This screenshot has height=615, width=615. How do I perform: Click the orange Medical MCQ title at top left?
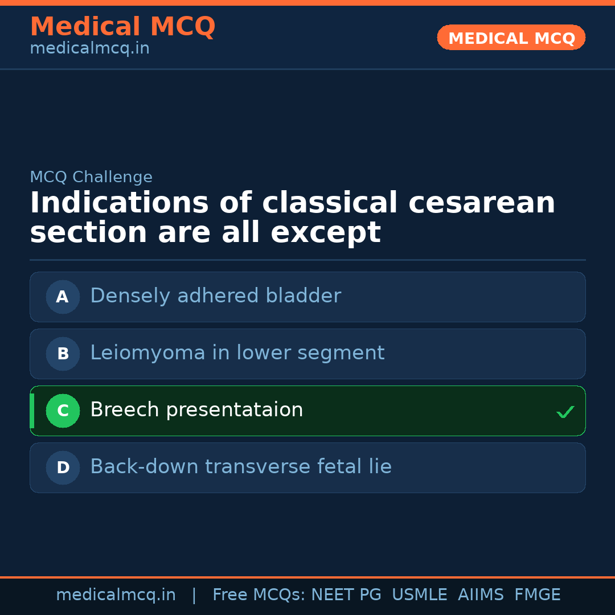122,27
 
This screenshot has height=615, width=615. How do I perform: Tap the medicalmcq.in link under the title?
89,49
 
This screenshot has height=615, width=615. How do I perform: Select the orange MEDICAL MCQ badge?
511,38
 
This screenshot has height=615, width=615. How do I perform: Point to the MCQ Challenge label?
91,177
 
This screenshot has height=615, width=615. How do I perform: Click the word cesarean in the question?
482,203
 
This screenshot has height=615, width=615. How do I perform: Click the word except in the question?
325,233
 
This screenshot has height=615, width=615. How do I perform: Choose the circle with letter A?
63,297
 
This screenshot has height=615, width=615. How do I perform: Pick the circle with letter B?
63,354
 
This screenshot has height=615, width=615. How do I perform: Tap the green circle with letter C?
63,411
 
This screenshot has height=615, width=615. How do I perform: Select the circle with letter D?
63,468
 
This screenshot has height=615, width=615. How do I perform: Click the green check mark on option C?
565,412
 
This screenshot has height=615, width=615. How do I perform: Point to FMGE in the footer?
538,595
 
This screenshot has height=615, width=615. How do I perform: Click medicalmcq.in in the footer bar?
116,595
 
